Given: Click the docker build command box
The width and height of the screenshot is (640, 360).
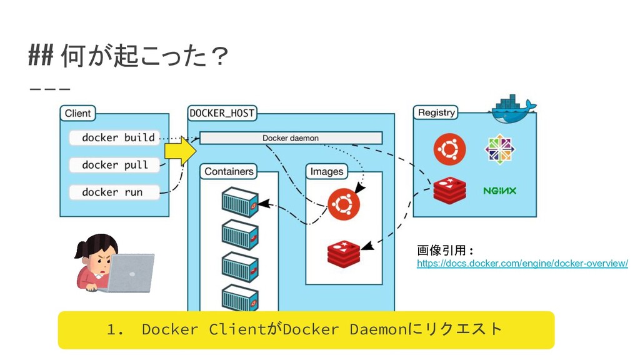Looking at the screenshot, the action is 114,137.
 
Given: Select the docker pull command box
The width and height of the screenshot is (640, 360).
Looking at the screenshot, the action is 114,165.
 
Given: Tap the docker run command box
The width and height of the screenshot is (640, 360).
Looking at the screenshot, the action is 114,192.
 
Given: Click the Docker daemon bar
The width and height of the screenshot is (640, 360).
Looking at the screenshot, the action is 291,138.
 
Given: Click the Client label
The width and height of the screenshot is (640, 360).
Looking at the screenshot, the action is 77,114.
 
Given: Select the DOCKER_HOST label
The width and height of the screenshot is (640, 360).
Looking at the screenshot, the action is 222,113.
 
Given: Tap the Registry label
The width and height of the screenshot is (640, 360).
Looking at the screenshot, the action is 436,112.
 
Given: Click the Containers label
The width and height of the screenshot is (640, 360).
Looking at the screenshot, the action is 229,171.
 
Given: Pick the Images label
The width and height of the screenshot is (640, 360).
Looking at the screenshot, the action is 326,171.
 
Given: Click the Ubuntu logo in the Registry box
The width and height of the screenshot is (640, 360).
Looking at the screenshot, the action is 449,149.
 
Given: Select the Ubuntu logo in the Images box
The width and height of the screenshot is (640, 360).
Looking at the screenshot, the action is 344,204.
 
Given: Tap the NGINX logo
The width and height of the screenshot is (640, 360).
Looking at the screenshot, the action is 499,191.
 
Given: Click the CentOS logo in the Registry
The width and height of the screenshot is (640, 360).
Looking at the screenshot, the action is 499,149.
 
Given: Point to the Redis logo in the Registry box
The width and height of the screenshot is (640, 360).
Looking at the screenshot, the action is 449,190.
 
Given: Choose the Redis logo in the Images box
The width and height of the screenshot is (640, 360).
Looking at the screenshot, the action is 344,254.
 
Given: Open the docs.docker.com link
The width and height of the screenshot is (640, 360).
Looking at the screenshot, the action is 522,263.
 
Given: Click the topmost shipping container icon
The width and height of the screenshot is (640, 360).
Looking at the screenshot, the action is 240,202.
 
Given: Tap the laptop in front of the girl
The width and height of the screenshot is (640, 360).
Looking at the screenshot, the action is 131,272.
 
